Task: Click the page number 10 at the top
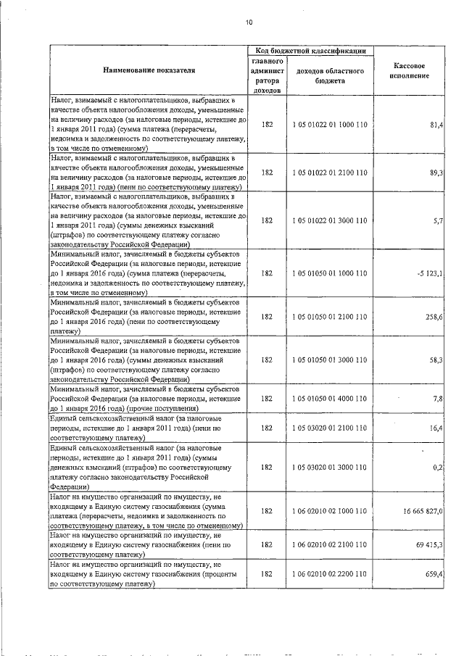(x=249, y=22)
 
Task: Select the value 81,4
(x=436, y=125)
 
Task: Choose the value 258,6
(x=434, y=316)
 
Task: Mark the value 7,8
(x=438, y=399)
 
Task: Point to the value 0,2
(x=438, y=468)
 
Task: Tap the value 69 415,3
(x=428, y=544)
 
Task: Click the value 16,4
(x=436, y=428)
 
